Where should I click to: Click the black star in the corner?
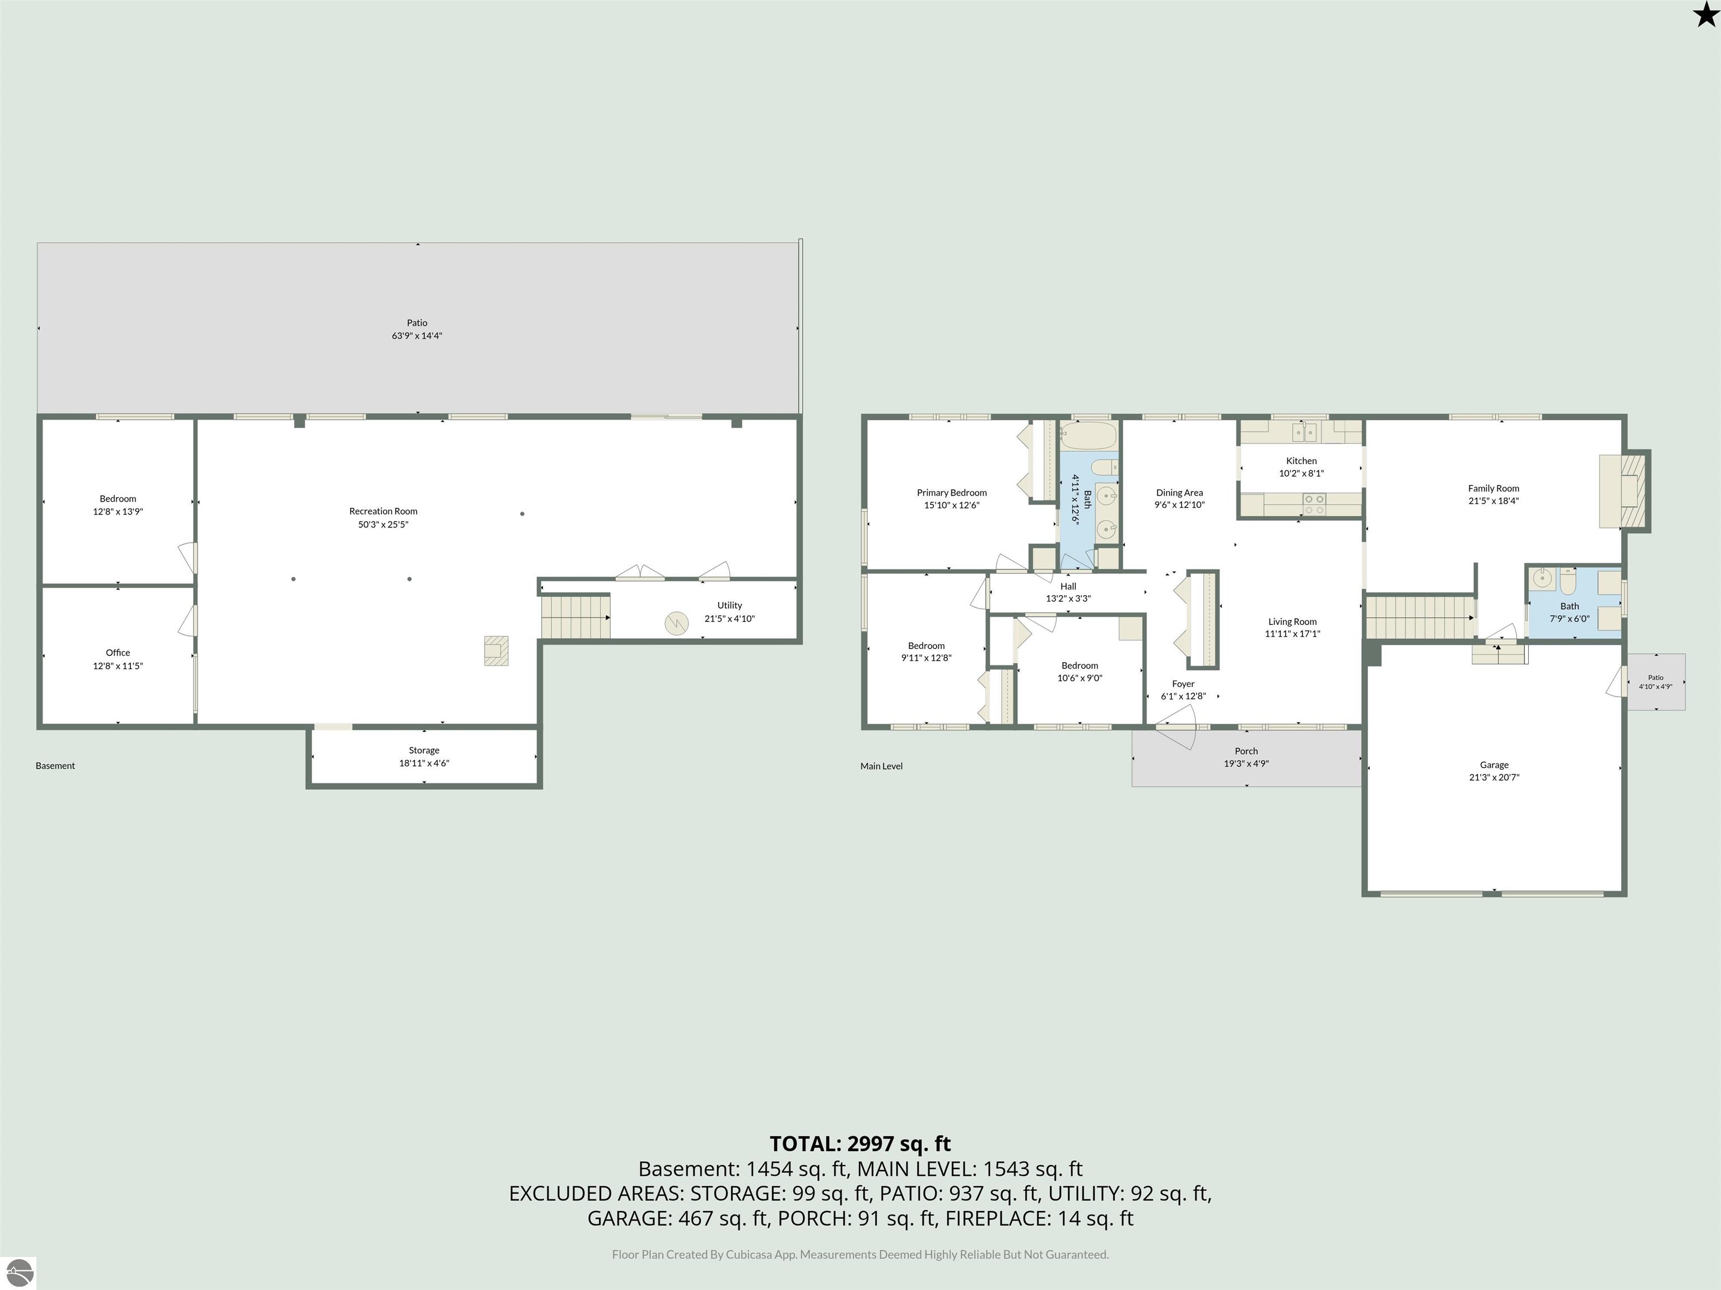coord(1705,15)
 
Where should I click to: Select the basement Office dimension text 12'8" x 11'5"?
coord(118,666)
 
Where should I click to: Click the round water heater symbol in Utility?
coord(676,623)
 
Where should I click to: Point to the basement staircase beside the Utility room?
coord(575,616)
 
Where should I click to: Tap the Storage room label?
coord(424,750)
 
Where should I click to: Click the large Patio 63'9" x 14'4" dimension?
coord(417,336)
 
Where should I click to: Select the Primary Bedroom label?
coord(951,492)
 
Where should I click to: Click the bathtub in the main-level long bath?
coord(1089,436)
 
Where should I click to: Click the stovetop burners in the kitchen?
coord(1314,504)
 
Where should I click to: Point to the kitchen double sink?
coord(1304,432)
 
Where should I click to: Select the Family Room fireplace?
coord(1625,492)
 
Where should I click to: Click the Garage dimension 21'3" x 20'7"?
coord(1494,777)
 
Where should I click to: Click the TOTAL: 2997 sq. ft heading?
coord(860,1144)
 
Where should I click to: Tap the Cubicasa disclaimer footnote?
coord(860,1254)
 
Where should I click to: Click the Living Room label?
coord(1292,621)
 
